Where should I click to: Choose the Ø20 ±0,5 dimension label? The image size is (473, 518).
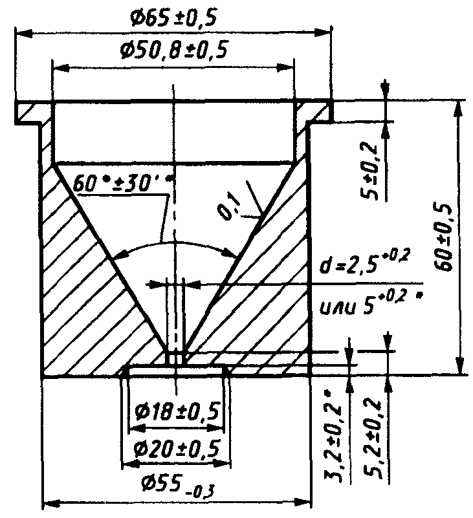pos(176,448)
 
